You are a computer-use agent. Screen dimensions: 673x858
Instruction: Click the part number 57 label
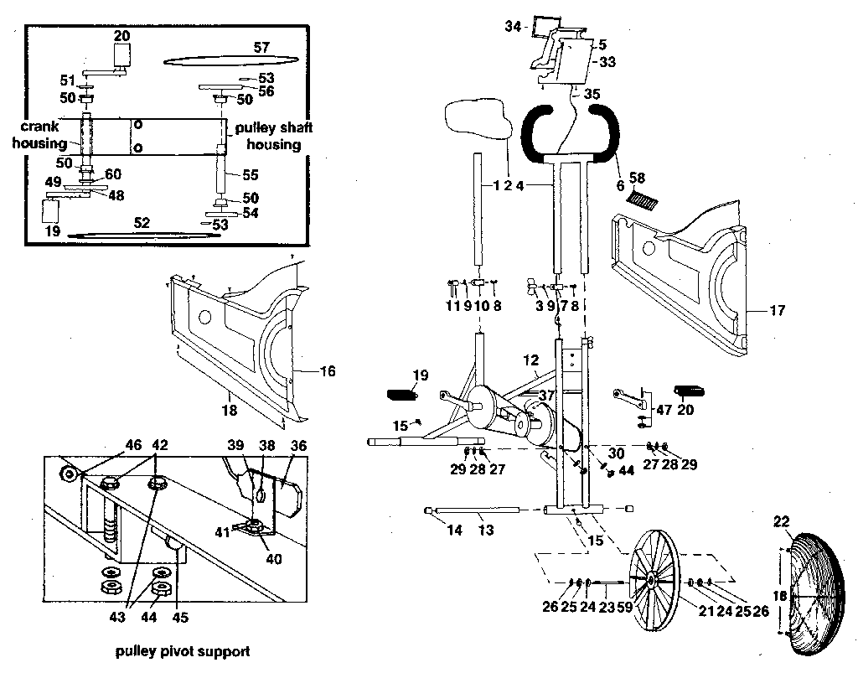pos(261,48)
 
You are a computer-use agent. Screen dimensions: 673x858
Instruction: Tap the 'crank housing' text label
pos(39,135)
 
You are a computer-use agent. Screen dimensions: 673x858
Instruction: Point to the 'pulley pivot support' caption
pos(183,650)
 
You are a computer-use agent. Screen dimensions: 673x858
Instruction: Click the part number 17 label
pos(777,311)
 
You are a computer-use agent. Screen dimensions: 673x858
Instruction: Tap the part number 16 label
pos(326,370)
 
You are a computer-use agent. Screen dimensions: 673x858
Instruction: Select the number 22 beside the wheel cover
pos(781,522)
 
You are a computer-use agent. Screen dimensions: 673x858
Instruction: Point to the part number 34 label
pos(513,28)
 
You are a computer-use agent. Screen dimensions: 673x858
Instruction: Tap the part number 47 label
pos(665,410)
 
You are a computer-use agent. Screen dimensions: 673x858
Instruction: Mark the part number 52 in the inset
pos(142,223)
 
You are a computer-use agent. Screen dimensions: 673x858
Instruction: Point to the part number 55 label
pos(251,176)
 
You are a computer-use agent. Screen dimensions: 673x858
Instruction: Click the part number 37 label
pos(546,395)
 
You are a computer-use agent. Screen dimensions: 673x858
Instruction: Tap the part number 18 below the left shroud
pos(228,411)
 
